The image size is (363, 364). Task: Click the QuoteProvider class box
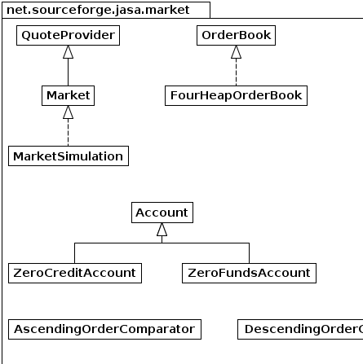coord(68,35)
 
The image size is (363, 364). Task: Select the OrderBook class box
coord(236,35)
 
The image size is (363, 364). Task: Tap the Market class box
coord(68,95)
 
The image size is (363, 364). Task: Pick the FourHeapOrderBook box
coord(236,95)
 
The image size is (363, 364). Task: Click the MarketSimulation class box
coord(69,156)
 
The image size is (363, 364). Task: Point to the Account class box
coord(162,213)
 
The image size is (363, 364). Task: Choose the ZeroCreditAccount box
coord(75,273)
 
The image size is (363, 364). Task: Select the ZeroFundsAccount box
coord(249,273)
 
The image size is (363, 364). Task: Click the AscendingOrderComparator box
coord(104,329)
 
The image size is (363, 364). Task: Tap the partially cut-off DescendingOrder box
coord(300,329)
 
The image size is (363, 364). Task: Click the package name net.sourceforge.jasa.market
coord(98,10)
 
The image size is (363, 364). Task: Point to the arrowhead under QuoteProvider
coord(68,52)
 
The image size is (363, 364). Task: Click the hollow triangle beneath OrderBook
coord(236,52)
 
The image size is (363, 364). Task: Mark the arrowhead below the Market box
coord(68,112)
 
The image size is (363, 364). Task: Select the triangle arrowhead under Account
coord(162,230)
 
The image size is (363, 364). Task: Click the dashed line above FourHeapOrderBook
coord(236,72)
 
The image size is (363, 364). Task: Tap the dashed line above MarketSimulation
coord(68,133)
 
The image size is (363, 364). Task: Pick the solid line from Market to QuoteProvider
coord(68,72)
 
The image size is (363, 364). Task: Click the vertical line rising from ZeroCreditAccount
coord(75,253)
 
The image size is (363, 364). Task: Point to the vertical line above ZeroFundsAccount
coord(249,253)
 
